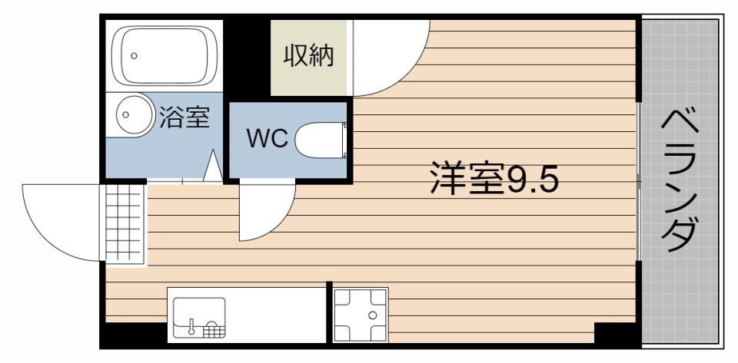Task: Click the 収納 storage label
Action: [309, 56]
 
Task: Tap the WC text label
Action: [267, 139]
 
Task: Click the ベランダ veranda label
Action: [680, 180]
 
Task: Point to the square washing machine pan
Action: [360, 314]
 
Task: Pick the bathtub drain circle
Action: [135, 55]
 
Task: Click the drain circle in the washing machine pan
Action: [372, 315]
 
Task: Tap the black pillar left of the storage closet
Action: [247, 58]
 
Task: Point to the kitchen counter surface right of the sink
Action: [277, 315]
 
